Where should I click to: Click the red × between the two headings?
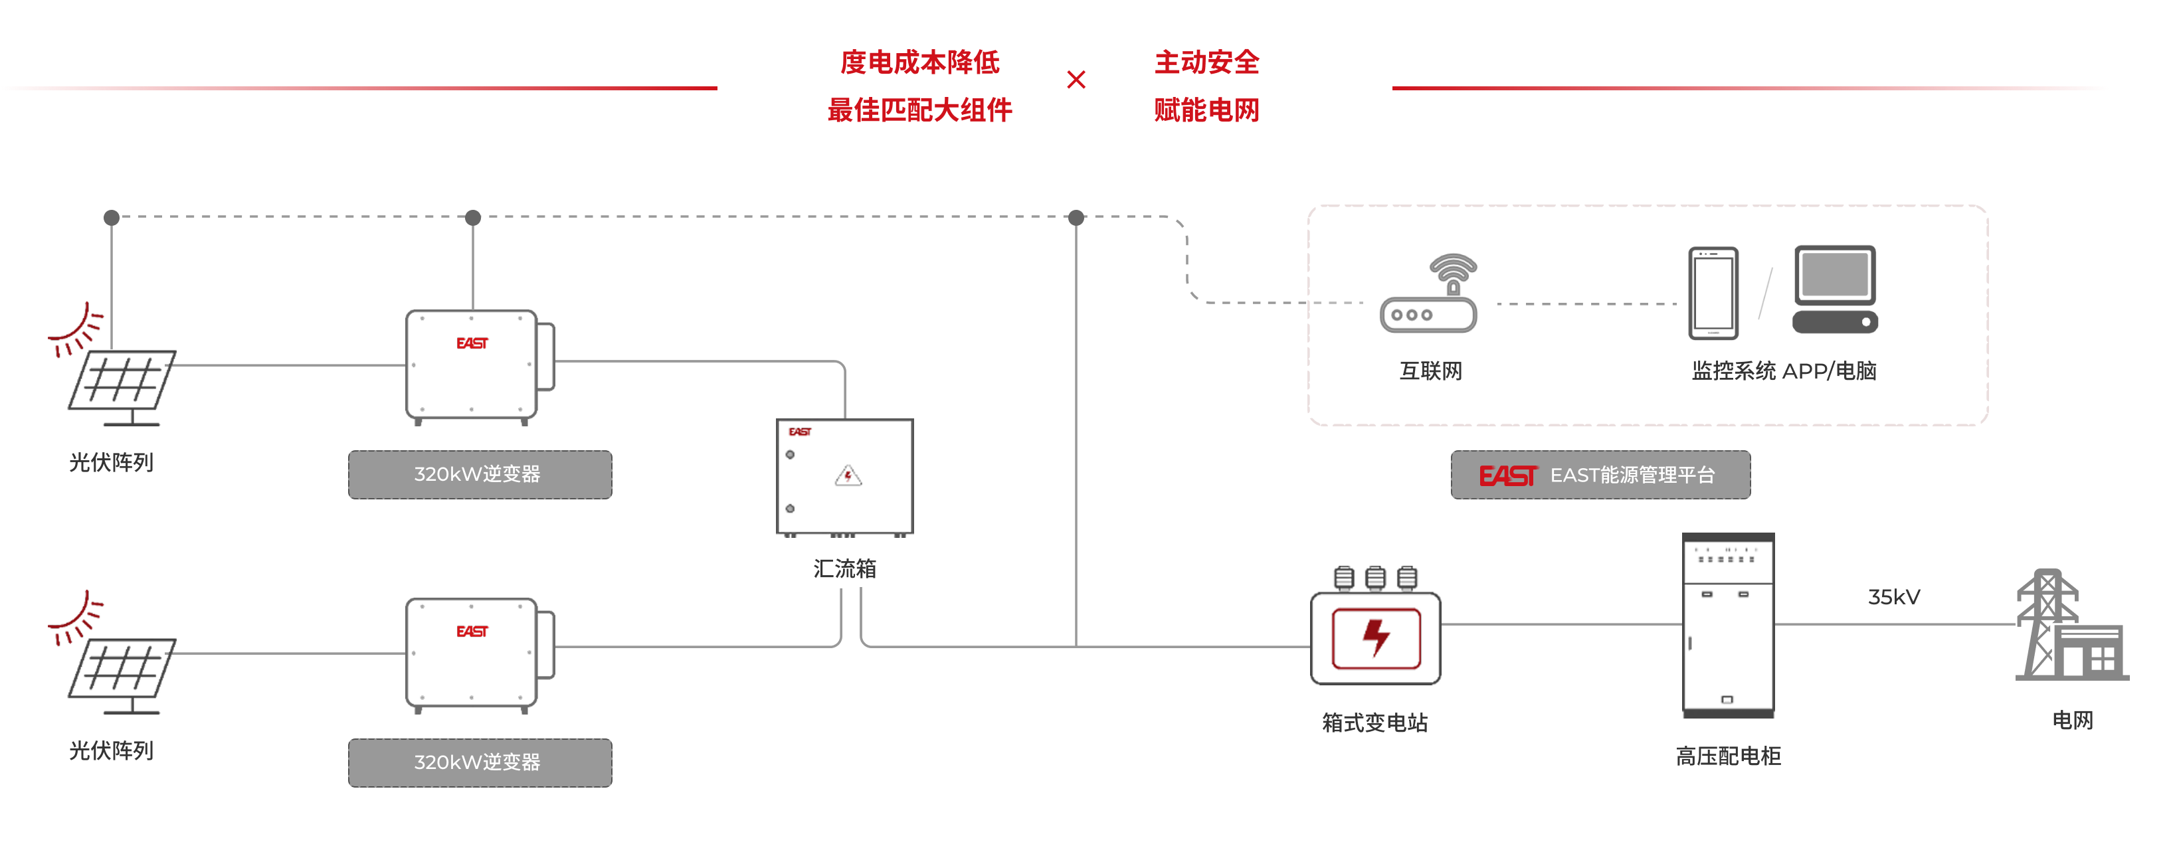coord(1076,80)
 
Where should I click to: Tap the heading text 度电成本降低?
coord(919,62)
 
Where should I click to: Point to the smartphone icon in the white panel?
coord(1713,293)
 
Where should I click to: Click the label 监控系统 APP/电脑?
coord(1784,371)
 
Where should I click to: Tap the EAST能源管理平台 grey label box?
coord(1600,475)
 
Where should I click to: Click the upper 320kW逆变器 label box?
coord(480,474)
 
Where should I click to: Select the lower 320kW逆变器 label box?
coord(480,762)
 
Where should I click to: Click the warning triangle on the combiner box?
coord(848,476)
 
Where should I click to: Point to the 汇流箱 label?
coord(844,569)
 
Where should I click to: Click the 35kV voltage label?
coord(1893,598)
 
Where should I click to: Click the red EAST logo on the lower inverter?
coord(472,632)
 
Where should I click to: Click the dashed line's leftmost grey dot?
coord(112,217)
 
